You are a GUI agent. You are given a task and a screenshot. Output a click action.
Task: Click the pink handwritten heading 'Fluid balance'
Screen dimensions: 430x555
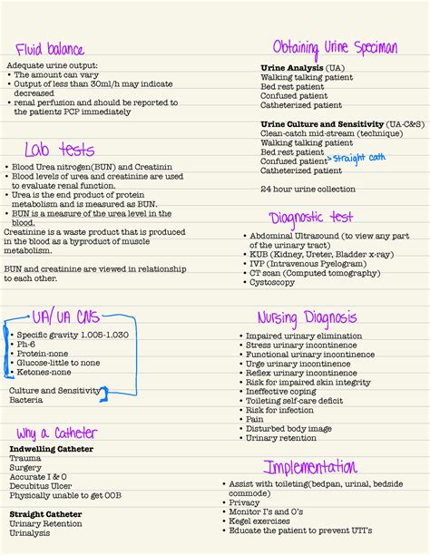(x=50, y=49)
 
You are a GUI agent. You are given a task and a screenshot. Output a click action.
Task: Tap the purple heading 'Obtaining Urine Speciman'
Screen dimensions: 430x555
(x=335, y=46)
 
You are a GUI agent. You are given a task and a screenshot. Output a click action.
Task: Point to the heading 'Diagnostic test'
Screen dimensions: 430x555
(x=311, y=217)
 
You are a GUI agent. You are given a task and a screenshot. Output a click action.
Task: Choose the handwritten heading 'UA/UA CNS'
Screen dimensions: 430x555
(x=66, y=318)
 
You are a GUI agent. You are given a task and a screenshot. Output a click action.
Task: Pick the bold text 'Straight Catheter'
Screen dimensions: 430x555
(x=45, y=513)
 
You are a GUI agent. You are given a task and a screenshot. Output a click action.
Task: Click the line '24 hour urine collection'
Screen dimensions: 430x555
(x=308, y=189)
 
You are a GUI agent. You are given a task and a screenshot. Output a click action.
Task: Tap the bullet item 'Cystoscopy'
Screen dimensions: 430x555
(x=272, y=282)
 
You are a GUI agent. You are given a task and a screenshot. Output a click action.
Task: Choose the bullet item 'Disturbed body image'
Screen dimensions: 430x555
(x=288, y=428)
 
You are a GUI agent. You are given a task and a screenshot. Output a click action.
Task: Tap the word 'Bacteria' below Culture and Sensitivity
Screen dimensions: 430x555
(x=26, y=400)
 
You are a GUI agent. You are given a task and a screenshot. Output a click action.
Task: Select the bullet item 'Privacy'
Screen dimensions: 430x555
(x=244, y=502)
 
